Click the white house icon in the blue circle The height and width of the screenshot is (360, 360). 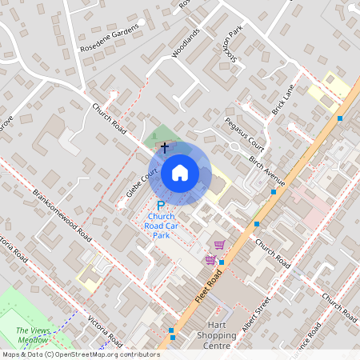(180, 172)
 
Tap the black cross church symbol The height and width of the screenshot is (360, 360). (165, 147)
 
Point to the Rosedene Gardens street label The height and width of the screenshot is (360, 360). (110, 37)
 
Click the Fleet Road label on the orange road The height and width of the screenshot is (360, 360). (208, 286)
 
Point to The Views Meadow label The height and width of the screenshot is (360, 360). (31, 334)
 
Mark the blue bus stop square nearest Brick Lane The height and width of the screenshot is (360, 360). (340, 118)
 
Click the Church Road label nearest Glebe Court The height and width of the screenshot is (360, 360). (110, 118)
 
